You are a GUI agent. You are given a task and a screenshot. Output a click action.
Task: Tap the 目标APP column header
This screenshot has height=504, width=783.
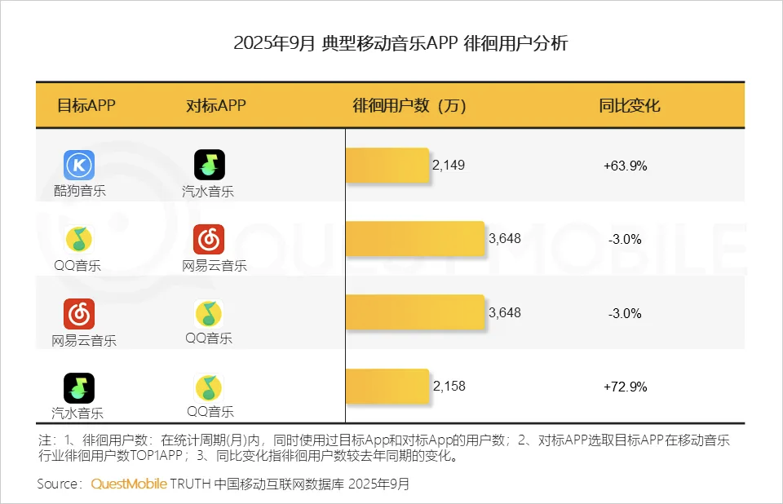[86, 106]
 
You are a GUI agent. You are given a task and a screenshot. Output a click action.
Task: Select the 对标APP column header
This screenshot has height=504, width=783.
[216, 106]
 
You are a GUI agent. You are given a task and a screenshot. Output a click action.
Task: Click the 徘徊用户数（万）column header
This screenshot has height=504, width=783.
[409, 106]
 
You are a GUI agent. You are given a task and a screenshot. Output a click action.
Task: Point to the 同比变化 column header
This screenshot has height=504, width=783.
[629, 106]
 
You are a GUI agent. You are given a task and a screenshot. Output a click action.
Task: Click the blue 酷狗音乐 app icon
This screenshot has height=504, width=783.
[79, 166]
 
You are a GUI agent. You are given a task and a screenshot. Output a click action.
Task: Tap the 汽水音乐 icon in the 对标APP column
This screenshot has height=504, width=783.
[209, 166]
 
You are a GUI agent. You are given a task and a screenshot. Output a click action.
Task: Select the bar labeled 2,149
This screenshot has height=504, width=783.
[387, 166]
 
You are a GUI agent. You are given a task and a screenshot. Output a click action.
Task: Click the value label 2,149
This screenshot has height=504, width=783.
[449, 166]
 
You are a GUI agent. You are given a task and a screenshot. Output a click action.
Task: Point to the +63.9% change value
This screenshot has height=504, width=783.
[626, 166]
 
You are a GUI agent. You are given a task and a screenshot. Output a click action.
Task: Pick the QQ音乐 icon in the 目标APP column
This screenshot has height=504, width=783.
[79, 239]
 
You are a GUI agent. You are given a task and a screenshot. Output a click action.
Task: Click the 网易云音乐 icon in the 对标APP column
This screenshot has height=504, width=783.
[209, 239]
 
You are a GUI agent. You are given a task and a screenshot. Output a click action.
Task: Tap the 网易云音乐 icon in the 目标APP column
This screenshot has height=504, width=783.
[79, 313]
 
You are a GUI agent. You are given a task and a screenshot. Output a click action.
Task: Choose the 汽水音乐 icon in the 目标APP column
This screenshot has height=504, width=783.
[79, 387]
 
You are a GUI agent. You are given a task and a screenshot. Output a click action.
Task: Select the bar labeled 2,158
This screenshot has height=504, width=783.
[387, 387]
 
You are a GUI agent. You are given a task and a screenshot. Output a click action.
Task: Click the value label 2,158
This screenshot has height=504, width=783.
[449, 387]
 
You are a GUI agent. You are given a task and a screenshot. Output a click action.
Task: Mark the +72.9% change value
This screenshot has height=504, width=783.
[626, 387]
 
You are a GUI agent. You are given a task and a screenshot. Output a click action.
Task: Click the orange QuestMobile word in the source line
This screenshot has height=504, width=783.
[128, 484]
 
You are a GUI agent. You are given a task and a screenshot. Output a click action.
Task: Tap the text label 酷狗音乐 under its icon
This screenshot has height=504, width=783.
[79, 191]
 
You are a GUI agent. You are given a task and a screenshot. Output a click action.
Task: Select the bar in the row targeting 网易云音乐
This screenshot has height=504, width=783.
[415, 313]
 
